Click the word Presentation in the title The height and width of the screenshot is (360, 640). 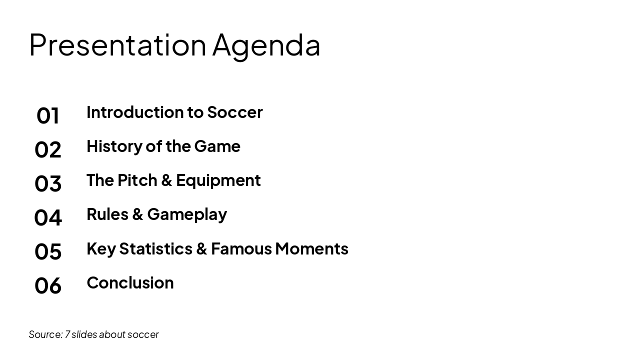[x=117, y=44]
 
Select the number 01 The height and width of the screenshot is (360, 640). [x=48, y=115]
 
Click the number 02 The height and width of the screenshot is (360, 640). [x=48, y=149]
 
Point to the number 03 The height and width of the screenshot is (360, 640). [x=48, y=183]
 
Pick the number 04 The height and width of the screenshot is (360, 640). [x=48, y=217]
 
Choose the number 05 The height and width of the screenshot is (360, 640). [x=48, y=251]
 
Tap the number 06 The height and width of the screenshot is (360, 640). [x=48, y=285]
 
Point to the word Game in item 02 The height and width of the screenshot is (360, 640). [x=217, y=146]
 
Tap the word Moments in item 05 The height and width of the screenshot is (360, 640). [x=311, y=248]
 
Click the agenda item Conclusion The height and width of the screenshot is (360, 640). [x=130, y=282]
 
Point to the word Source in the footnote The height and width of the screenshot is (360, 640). [x=45, y=334]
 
